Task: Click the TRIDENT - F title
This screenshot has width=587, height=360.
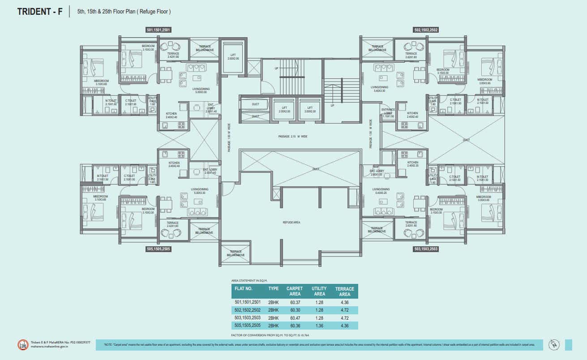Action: (x=40, y=12)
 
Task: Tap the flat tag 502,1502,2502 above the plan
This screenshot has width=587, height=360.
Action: (x=425, y=30)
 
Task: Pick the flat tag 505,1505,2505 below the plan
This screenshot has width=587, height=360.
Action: (x=159, y=249)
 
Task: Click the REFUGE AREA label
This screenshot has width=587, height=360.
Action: (x=291, y=222)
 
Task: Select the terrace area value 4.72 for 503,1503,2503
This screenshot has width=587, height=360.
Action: (x=344, y=317)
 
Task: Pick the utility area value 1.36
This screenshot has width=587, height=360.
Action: (x=318, y=326)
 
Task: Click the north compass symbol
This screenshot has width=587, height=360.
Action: (x=555, y=344)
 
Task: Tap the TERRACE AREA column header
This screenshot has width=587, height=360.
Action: (x=344, y=291)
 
